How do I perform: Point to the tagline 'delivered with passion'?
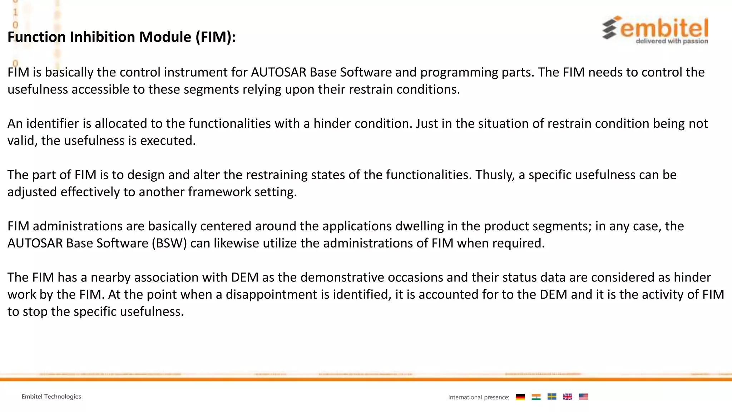672,41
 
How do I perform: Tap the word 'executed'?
168,141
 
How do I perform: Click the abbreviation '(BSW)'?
169,243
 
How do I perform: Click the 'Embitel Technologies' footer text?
51,397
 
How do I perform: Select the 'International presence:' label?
479,397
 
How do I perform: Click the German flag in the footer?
520,397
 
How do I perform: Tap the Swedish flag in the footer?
552,397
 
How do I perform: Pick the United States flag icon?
583,397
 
